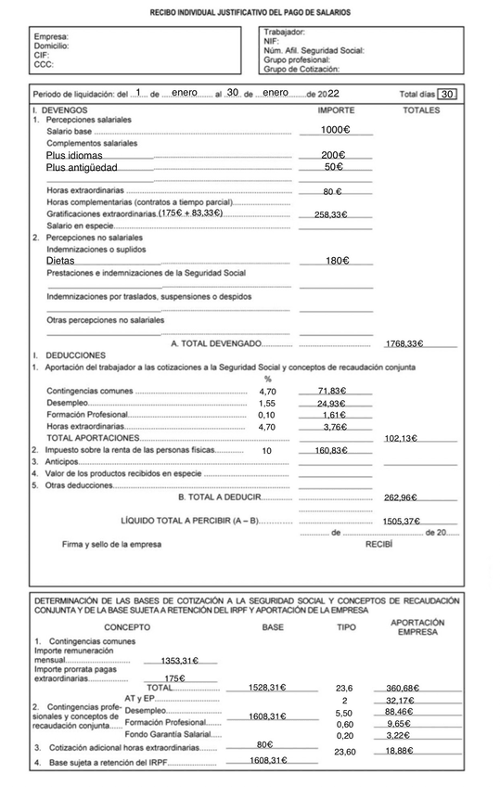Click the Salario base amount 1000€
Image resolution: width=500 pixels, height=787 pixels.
click(334, 130)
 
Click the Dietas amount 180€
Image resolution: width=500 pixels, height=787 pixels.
click(336, 261)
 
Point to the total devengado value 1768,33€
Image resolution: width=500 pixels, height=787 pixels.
click(404, 343)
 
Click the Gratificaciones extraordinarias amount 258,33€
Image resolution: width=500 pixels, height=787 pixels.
click(330, 214)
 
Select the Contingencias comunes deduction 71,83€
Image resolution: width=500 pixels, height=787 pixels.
click(331, 392)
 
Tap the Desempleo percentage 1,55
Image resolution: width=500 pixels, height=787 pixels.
click(267, 404)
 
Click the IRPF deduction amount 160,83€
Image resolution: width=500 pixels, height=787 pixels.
click(330, 450)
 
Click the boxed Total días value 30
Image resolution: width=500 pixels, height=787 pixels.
click(447, 94)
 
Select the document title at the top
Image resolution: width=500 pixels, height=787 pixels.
click(250, 14)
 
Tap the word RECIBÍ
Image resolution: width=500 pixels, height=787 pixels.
click(378, 544)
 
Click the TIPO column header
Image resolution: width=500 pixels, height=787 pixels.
click(345, 627)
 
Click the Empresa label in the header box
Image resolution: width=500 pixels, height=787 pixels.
click(51, 37)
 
